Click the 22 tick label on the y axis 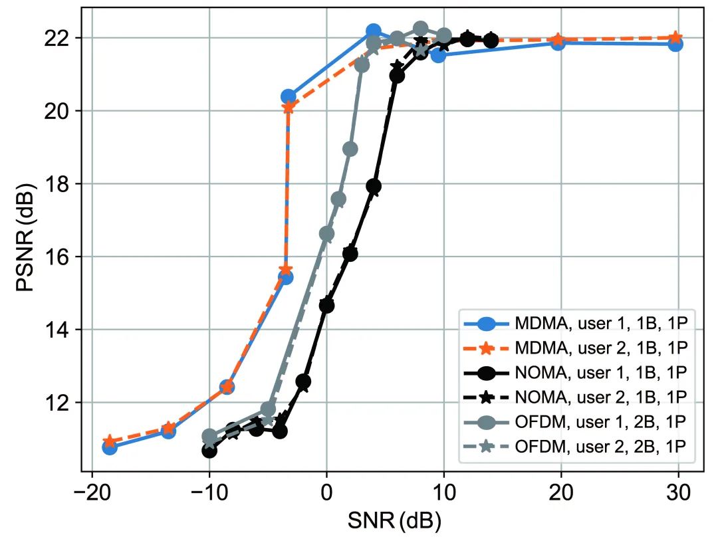[x=59, y=38]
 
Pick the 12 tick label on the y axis [x=59, y=403]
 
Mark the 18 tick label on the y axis [x=59, y=184]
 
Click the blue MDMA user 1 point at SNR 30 [x=675, y=44]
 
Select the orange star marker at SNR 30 [x=675, y=37]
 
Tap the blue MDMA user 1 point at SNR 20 [x=558, y=43]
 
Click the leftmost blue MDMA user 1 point [x=110, y=447]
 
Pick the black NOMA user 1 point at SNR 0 [x=326, y=306]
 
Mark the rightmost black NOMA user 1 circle [x=491, y=41]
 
